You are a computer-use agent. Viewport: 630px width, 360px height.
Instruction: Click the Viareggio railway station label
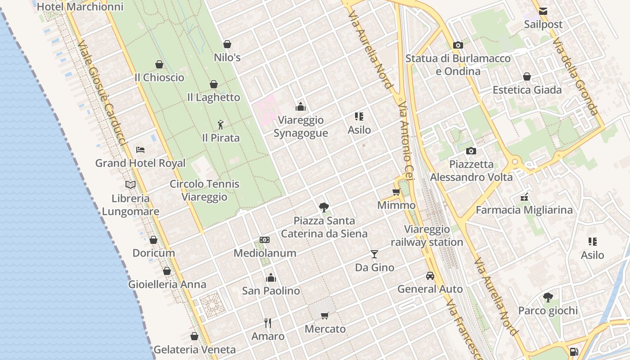pos(427,236)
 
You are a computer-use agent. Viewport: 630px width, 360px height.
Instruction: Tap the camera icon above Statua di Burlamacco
pos(458,45)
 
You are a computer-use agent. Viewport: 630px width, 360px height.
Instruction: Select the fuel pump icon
pos(574,351)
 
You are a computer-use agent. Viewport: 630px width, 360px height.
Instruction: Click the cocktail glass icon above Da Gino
pos(374,254)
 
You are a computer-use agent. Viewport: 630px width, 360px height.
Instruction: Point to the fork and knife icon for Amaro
pos(268,323)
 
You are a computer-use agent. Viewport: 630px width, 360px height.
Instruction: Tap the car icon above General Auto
pos(430,276)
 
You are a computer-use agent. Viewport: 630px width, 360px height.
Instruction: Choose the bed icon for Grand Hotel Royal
pos(140,150)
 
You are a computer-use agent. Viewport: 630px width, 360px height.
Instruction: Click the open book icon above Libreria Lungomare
pos(130,184)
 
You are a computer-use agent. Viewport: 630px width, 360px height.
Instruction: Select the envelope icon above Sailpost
pos(543,11)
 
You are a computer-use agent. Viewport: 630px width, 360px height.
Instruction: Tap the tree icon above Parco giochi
pos(548,297)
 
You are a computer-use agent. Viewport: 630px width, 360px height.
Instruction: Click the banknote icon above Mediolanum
pos(265,240)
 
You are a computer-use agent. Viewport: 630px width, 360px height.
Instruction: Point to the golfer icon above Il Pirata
pos(220,124)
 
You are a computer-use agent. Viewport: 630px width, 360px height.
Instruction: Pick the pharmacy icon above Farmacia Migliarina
pos(524,197)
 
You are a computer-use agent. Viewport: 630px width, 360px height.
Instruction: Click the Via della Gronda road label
pos(576,76)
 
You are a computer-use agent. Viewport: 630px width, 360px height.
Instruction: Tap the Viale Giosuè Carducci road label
pos(102,93)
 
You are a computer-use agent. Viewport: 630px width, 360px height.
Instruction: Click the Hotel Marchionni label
pos(80,7)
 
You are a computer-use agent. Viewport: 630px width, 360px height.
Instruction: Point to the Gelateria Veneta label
pos(194,350)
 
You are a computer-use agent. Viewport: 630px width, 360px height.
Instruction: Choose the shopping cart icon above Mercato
pos(325,315)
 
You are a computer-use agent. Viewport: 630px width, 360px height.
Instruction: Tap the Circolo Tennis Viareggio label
pos(205,190)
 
